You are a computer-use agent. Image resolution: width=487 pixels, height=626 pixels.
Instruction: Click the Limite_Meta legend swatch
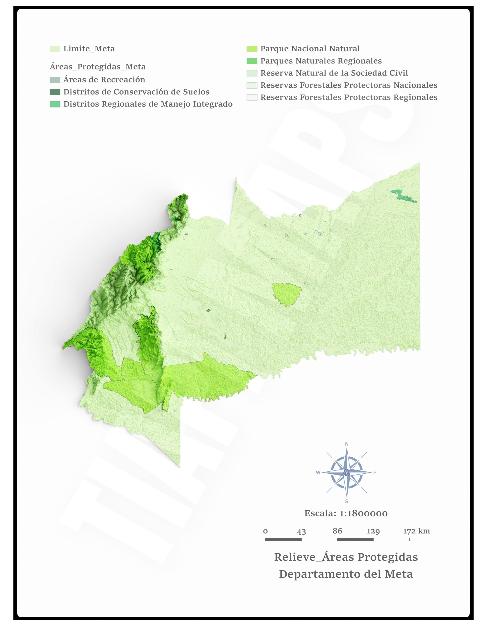(x=55, y=49)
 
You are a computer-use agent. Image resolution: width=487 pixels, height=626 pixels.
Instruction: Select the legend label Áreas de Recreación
(x=104, y=80)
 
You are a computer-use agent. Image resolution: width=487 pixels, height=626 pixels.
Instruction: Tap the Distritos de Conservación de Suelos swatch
(x=55, y=92)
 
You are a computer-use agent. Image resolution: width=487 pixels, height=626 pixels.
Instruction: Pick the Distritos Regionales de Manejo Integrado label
(x=148, y=104)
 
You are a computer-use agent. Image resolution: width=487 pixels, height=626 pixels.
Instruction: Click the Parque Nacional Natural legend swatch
(x=252, y=49)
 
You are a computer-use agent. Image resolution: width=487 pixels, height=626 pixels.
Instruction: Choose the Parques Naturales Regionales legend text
(x=321, y=61)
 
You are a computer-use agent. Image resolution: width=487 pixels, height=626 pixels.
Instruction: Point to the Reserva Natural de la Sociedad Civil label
(x=334, y=73)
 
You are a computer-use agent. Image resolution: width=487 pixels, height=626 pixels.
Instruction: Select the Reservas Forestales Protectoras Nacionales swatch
(x=252, y=85)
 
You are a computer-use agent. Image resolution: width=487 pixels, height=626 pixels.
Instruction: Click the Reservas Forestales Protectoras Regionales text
(x=349, y=98)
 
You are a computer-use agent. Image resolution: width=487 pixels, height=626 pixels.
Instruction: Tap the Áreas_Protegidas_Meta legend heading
(x=97, y=67)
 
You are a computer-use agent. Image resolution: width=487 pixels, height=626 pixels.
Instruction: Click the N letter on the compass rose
(x=347, y=444)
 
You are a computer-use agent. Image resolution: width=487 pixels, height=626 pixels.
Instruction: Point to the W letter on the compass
(x=318, y=473)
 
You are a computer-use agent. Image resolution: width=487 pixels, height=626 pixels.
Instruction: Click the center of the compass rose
(x=347, y=472)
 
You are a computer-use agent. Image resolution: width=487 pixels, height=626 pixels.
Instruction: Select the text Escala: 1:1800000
(x=346, y=513)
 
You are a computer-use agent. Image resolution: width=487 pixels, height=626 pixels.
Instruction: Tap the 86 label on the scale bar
(x=337, y=531)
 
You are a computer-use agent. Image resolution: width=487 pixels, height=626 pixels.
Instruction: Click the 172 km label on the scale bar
(x=416, y=531)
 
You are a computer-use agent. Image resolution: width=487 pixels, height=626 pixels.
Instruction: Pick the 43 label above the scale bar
(x=301, y=532)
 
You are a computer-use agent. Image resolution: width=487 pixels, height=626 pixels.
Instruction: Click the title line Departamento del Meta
(x=346, y=574)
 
